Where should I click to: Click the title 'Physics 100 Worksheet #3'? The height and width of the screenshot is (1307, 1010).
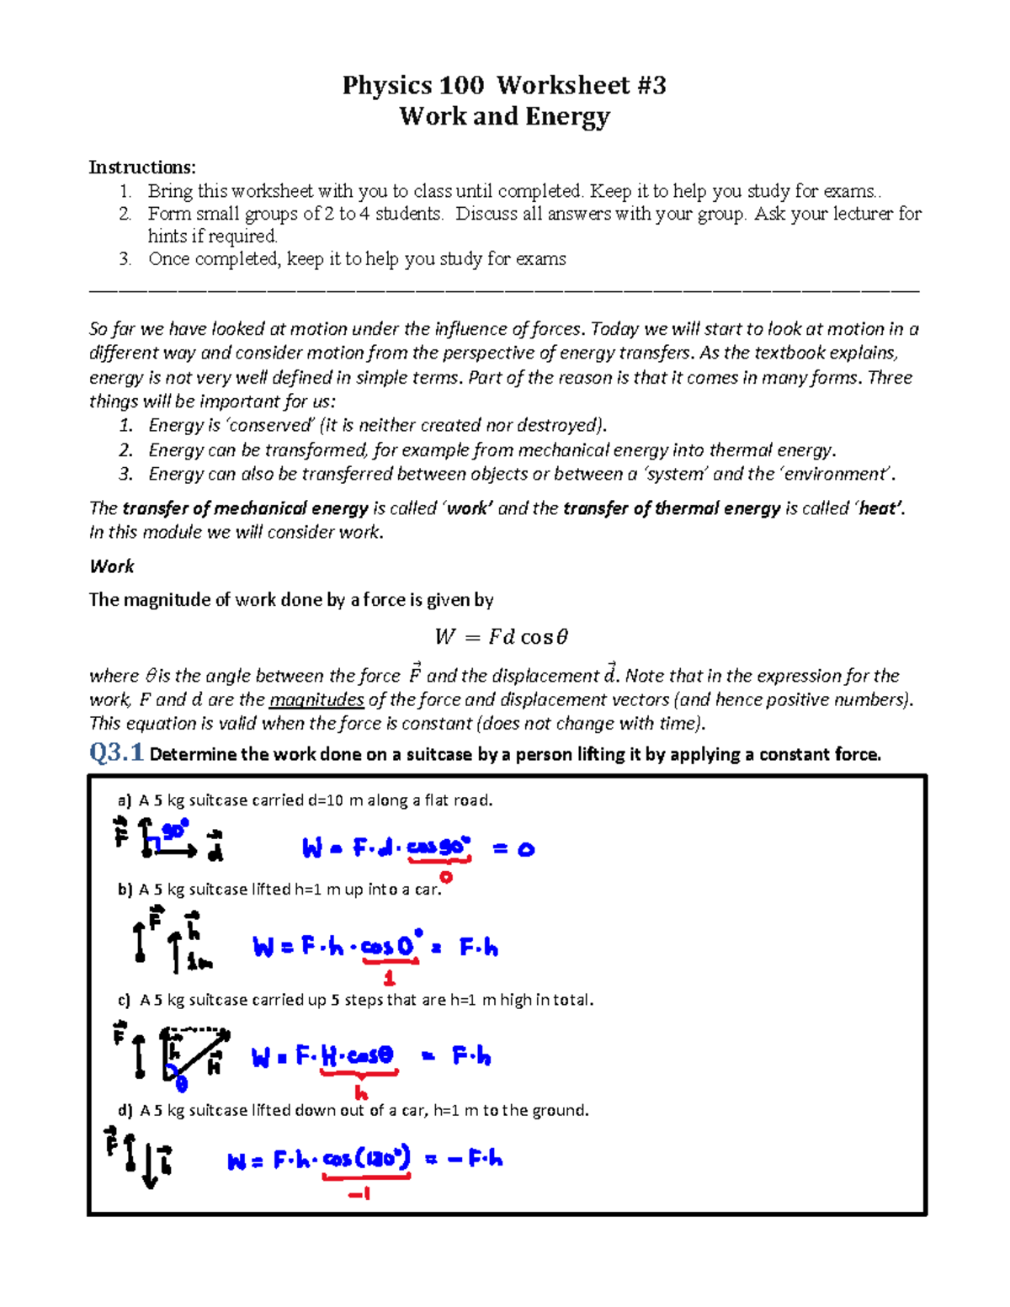tap(503, 85)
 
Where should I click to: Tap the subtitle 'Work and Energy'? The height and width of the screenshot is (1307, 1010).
tap(504, 116)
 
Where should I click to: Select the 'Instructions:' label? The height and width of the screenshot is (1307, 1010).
tap(142, 167)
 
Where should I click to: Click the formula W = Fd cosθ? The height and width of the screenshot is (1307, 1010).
tap(502, 637)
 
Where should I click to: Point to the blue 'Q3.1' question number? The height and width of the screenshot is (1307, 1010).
tap(116, 752)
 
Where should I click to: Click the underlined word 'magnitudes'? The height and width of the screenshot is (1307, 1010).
tap(316, 699)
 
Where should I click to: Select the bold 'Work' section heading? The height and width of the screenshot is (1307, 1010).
tap(112, 566)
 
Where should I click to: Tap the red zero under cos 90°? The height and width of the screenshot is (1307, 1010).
tap(445, 877)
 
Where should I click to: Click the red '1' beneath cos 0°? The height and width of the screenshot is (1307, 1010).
tap(389, 978)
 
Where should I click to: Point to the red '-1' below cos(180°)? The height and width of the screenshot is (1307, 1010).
tap(359, 1193)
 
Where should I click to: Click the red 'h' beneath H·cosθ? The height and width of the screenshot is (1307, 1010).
tap(361, 1093)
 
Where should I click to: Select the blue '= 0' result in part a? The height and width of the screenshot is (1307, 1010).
tap(513, 849)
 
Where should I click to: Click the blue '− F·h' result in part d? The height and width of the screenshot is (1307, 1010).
tap(476, 1159)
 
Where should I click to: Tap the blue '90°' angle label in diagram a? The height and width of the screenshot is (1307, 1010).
tap(174, 831)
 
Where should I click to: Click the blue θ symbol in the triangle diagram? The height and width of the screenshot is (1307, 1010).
tap(181, 1084)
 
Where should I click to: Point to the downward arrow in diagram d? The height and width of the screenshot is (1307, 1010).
tap(150, 1166)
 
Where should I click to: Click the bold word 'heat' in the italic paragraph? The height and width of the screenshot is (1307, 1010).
tap(880, 508)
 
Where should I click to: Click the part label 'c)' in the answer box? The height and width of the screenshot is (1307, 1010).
tap(125, 1000)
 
